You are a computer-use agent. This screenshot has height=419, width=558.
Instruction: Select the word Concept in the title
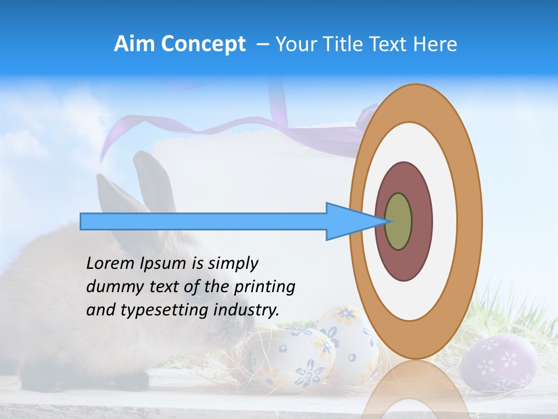(x=203, y=44)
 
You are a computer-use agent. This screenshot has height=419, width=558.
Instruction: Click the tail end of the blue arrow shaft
(x=85, y=221)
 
